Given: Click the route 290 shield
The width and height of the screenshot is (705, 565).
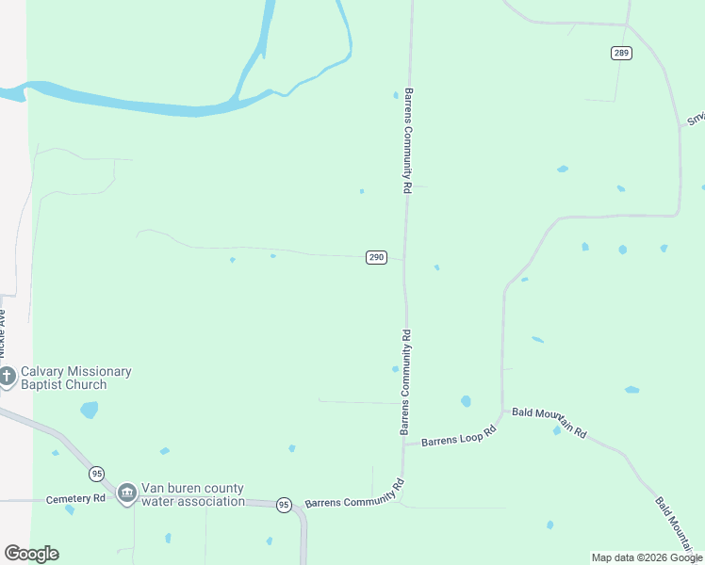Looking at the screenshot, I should [x=375, y=257].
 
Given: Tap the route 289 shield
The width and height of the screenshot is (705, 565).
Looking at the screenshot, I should [x=620, y=53].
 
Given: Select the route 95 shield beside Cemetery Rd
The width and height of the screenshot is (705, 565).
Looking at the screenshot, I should [x=97, y=474].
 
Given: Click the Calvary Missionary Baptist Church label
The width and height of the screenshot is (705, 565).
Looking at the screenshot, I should [x=76, y=378].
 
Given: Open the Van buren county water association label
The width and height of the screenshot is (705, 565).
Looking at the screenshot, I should [x=192, y=494].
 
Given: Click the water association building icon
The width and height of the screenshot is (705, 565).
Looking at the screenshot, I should [x=127, y=494].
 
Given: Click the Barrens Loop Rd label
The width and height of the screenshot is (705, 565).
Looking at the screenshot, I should [x=458, y=439].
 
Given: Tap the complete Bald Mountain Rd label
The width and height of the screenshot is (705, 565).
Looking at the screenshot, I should [x=549, y=423].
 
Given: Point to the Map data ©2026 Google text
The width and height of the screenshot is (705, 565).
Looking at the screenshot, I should [x=647, y=557].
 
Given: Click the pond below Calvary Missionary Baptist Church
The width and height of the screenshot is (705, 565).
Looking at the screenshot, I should [x=89, y=410].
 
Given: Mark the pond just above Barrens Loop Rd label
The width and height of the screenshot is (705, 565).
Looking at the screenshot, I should [x=466, y=401].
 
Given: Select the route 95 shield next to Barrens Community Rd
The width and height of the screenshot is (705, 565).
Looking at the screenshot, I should [x=284, y=506].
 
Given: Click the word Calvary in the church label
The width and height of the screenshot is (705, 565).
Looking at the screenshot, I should [x=45, y=371].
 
